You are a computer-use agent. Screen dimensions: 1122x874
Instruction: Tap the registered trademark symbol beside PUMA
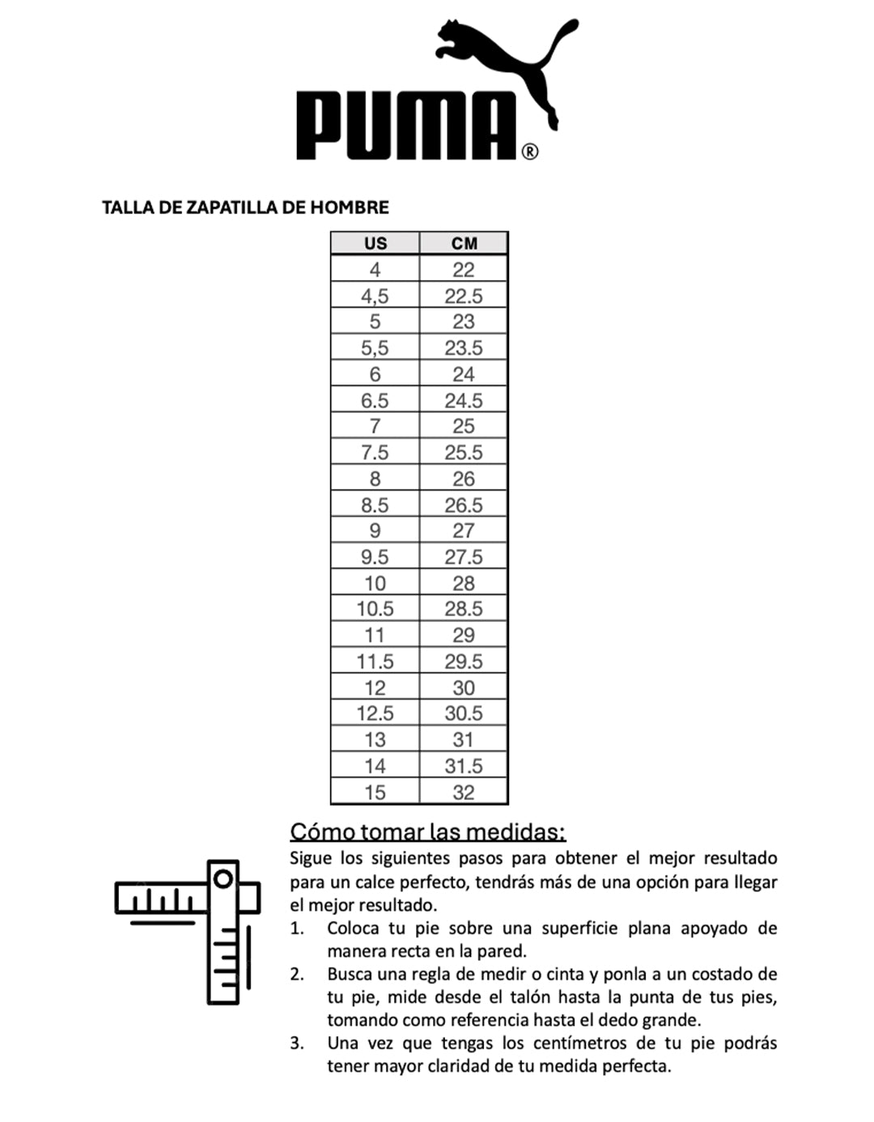(x=529, y=151)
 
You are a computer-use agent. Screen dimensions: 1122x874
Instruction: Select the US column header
(x=375, y=244)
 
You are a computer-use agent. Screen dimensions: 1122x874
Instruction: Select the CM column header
(x=464, y=244)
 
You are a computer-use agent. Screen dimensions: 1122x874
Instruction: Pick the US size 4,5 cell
(x=375, y=295)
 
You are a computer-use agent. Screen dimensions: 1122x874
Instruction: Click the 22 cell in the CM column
(x=464, y=270)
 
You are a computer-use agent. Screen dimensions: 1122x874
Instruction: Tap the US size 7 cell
(x=375, y=426)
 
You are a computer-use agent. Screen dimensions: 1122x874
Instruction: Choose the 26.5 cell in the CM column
(x=464, y=504)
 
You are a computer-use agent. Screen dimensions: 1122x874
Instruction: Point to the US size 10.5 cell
(x=375, y=609)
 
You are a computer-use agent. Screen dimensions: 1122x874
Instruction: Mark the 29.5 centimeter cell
(x=464, y=661)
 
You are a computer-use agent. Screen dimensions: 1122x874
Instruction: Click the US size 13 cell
(x=375, y=739)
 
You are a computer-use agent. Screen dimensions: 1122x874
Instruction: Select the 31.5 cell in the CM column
(x=464, y=766)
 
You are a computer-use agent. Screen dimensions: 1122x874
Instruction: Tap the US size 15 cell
(x=375, y=792)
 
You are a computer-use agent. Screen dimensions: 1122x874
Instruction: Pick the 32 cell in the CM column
(x=464, y=792)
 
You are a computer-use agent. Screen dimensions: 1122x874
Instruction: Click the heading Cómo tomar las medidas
(x=427, y=831)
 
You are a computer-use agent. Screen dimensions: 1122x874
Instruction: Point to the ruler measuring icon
(x=188, y=931)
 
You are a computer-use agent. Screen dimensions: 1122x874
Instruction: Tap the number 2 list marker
(x=297, y=974)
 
